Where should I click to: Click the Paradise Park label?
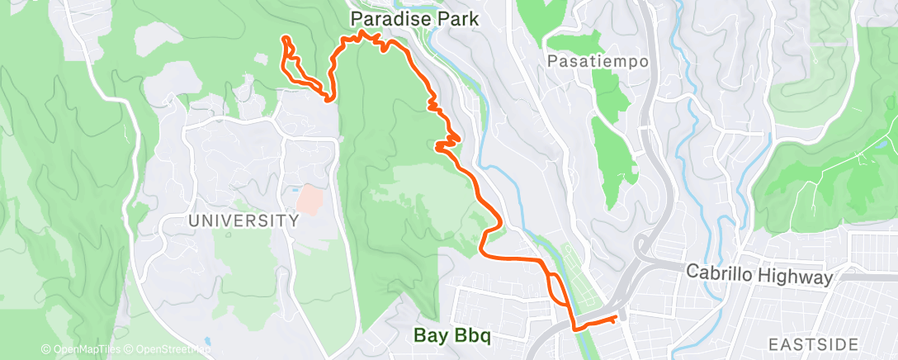[x=414, y=17]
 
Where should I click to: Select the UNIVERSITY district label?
[x=243, y=221]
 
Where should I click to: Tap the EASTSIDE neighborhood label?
[x=815, y=343]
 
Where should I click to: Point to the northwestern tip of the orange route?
[x=285, y=38]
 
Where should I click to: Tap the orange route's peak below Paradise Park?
[x=363, y=32]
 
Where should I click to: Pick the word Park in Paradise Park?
[x=458, y=17]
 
